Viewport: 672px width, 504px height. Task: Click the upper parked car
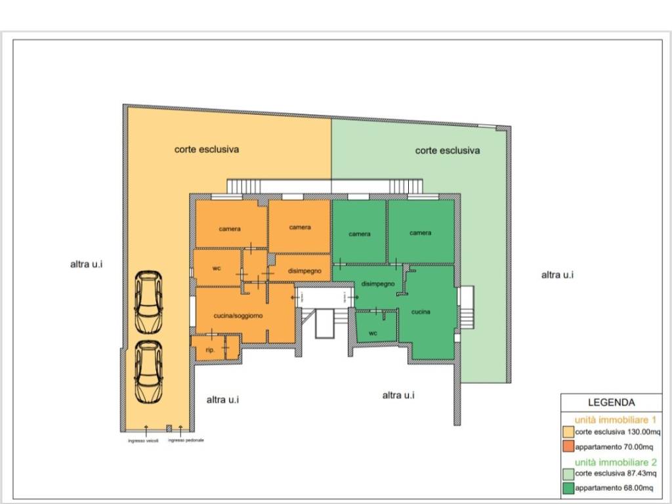point(148,302)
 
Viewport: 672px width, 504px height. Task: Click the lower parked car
point(148,372)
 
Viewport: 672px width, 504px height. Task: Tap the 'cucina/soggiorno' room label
point(238,316)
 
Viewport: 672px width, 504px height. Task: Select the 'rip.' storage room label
point(210,350)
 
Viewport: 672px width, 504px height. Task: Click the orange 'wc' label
point(217,268)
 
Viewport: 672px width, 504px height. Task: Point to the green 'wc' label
point(373,333)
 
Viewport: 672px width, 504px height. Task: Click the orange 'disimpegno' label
point(304,271)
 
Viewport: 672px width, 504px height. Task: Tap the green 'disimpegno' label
point(377,283)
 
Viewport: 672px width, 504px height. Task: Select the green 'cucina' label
point(421,312)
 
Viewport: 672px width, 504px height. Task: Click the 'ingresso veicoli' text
point(143,441)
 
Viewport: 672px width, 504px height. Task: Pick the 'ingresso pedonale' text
point(186,440)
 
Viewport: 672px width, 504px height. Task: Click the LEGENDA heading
point(611,402)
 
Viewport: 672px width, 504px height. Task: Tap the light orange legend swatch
point(568,432)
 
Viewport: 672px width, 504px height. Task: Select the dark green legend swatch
point(568,488)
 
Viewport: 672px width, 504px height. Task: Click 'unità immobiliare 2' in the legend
point(616,463)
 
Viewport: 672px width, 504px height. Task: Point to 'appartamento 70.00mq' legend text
point(614,447)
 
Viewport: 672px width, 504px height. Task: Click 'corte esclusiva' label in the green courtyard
point(448,150)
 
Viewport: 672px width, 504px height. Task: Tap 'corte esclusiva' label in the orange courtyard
point(207,150)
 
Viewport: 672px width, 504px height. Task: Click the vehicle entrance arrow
point(146,430)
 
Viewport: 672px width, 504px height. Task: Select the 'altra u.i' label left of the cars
point(86,264)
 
